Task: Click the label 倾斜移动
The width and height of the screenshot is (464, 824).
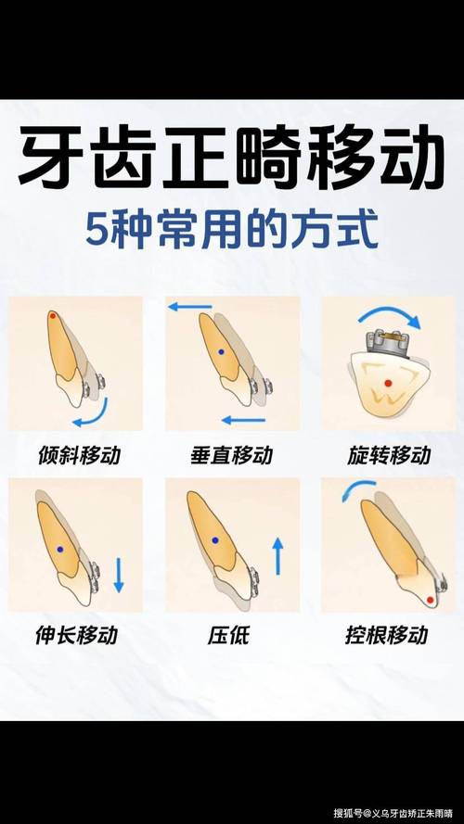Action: click(80, 455)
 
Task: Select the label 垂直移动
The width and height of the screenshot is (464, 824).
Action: click(232, 455)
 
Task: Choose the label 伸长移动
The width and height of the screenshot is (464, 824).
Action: click(80, 636)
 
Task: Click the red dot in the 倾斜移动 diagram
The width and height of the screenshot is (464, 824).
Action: click(53, 317)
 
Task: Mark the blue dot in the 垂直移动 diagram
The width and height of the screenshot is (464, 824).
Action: click(221, 353)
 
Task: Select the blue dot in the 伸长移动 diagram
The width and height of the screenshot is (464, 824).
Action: click(60, 550)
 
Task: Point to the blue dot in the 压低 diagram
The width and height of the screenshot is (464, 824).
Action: click(214, 539)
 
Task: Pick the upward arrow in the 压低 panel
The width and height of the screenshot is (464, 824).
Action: click(277, 558)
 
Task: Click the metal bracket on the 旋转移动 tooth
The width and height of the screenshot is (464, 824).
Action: click(389, 342)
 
